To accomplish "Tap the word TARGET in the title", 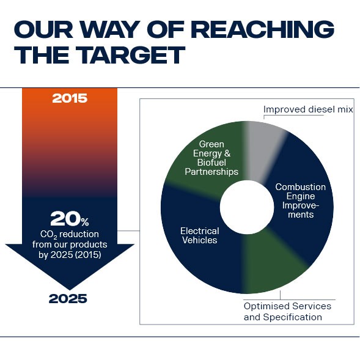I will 126,55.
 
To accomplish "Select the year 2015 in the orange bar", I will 70,98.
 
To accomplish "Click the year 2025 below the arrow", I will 68,299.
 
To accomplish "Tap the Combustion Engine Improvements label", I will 300,200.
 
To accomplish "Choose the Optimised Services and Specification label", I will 287,311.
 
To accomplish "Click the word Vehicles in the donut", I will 199,240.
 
